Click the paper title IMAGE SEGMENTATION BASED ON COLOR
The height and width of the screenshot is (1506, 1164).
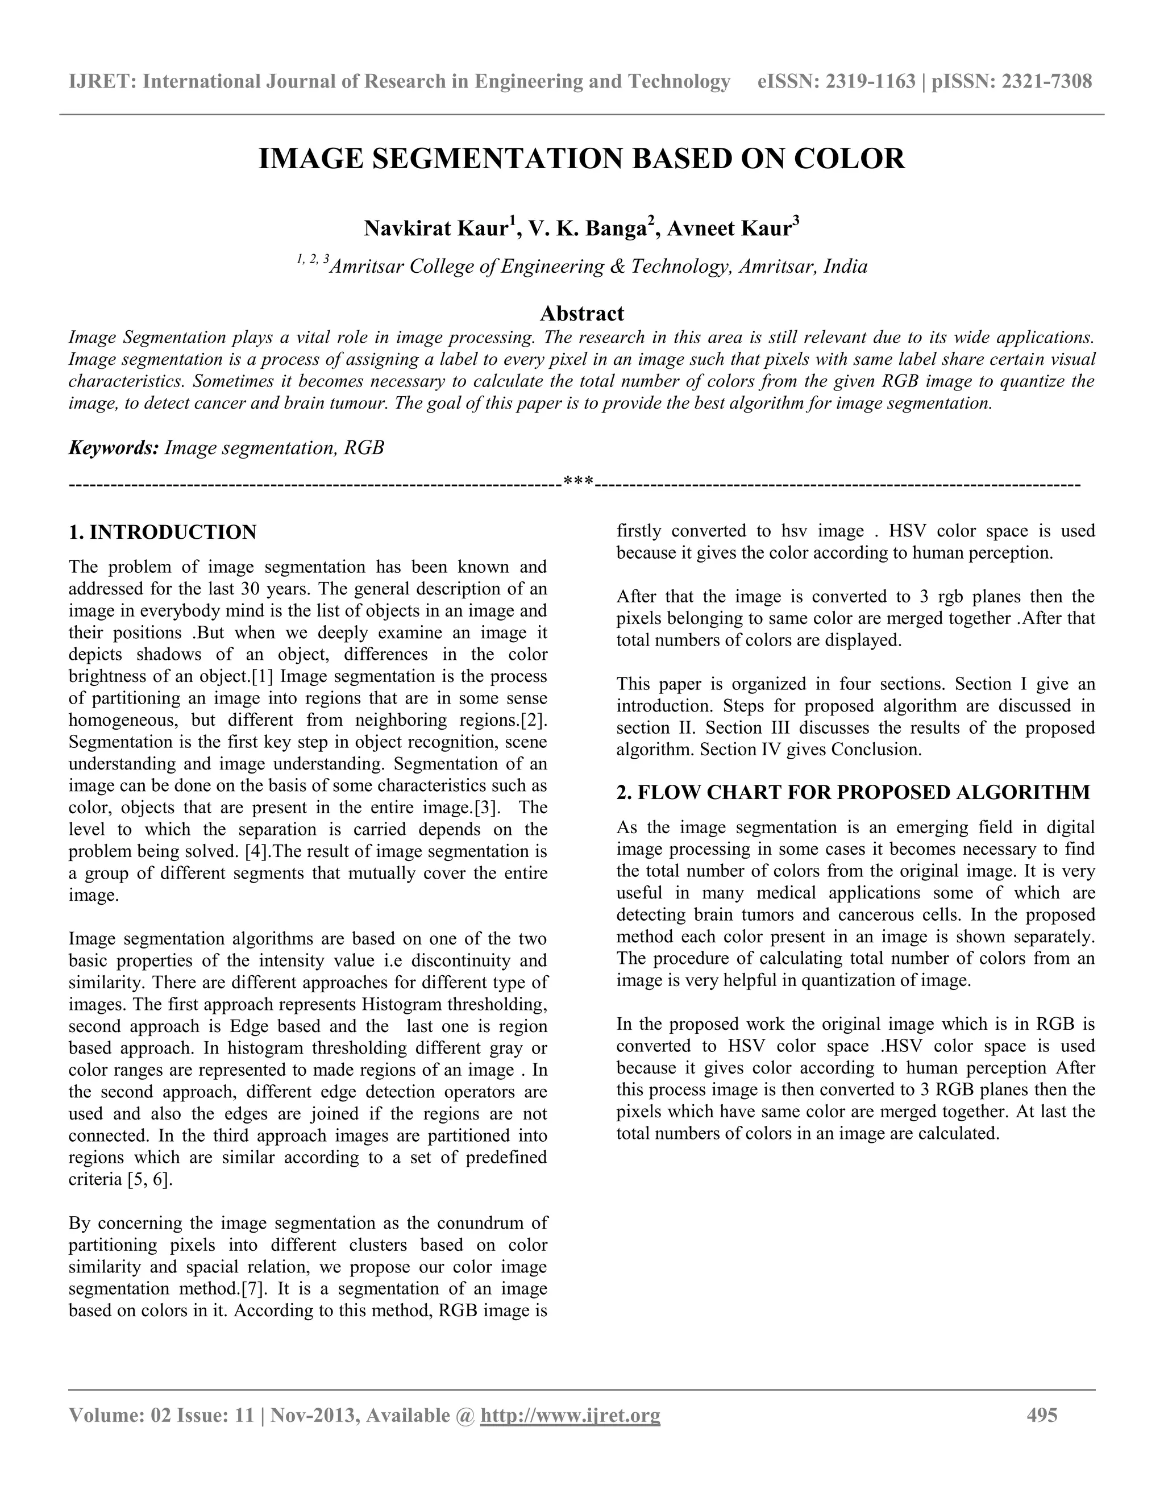coord(581,159)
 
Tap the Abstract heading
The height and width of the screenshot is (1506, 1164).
coord(581,314)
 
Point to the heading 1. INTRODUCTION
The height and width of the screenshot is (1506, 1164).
coord(163,532)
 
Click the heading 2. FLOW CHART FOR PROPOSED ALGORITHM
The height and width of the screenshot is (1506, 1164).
coord(853,792)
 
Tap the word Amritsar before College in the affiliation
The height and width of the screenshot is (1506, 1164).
coord(365,267)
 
